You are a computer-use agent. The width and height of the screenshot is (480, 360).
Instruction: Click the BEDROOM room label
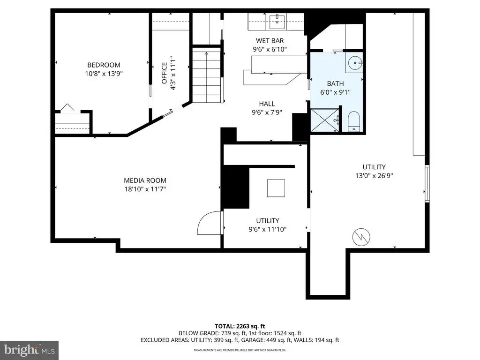pos(104,65)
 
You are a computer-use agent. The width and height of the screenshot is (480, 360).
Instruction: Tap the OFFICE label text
pos(165,73)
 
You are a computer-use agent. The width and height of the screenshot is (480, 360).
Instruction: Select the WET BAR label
pos(270,40)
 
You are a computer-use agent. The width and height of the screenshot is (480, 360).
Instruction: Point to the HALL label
pos(267,104)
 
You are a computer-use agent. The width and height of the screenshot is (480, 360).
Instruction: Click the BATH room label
pos(335,83)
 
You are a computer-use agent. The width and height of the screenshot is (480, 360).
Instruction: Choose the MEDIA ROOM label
pos(145,180)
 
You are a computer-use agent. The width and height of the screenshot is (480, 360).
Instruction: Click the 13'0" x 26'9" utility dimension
pos(374,176)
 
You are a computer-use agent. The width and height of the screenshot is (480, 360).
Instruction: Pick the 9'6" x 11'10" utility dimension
pos(268,229)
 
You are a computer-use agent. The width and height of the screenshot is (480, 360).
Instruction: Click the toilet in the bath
pos(353,121)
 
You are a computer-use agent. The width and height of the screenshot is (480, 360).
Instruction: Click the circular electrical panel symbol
pos(361,237)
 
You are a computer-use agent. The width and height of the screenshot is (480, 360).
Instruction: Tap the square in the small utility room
pos(276,188)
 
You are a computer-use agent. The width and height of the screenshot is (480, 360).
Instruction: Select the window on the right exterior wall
pos(427,183)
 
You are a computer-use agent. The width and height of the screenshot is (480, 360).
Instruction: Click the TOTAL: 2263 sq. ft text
pos(240,326)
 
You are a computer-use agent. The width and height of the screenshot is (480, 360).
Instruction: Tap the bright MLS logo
pos(30,350)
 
